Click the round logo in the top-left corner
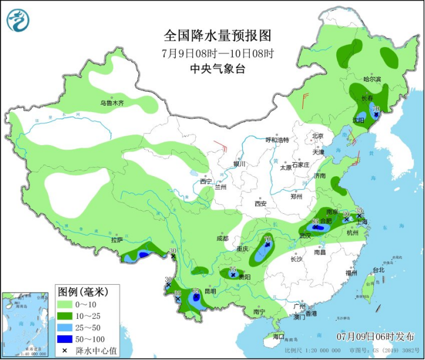(18, 19)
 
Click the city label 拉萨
(116, 240)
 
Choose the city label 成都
(222, 238)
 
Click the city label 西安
(261, 204)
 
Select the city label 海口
(279, 337)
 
